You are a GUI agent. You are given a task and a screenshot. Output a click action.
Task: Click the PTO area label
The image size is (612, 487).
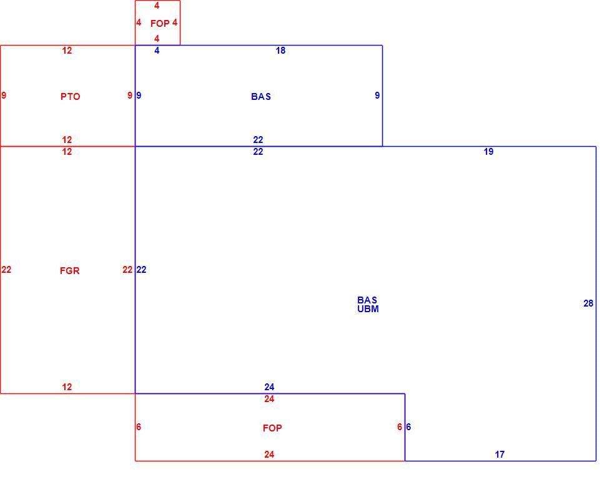(70, 96)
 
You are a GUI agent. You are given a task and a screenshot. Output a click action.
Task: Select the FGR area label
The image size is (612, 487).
(70, 270)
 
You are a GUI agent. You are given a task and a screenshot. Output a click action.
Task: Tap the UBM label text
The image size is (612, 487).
(368, 309)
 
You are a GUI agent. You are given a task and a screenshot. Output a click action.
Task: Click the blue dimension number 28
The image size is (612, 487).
(588, 303)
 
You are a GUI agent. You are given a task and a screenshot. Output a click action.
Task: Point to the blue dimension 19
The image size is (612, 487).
(488, 151)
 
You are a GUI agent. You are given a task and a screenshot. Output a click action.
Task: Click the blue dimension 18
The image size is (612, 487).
(280, 51)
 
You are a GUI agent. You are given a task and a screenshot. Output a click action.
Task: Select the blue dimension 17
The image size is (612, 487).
(500, 455)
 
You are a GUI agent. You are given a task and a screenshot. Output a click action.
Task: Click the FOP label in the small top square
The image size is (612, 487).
(160, 24)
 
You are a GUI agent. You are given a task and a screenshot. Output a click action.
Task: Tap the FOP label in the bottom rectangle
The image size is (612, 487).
(272, 428)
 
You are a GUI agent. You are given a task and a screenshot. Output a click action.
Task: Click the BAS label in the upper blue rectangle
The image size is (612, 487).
(261, 96)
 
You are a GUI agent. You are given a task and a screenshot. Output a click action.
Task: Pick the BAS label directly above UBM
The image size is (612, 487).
(367, 300)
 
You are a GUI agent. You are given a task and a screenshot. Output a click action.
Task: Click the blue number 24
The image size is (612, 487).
(269, 386)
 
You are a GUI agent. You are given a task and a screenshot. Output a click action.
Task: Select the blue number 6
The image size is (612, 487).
(408, 427)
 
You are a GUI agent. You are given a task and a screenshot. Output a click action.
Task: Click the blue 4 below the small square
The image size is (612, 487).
(157, 51)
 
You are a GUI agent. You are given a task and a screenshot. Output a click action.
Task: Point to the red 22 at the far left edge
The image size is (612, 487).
(6, 270)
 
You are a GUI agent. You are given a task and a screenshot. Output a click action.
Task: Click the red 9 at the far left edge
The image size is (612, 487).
(4, 95)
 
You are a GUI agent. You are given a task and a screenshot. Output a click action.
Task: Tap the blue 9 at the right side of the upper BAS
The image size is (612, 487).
(377, 95)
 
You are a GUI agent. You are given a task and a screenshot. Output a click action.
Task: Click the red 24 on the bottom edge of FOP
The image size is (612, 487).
(269, 455)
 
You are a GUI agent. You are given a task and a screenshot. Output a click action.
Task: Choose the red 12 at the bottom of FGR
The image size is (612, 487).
(67, 386)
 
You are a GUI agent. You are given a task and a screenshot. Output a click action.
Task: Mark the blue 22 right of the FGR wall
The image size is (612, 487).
(141, 270)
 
